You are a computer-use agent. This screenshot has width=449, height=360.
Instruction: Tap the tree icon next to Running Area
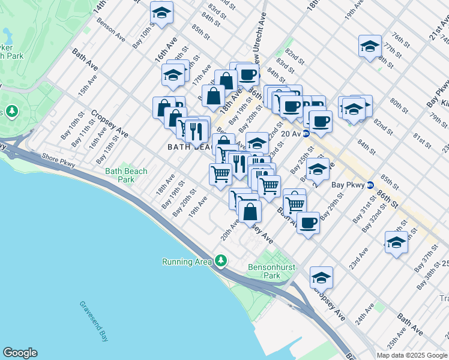[x=222, y=261]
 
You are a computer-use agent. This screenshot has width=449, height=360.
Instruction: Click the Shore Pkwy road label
[x=58, y=157]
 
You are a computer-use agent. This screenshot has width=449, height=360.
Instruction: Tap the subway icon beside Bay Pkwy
[x=370, y=185]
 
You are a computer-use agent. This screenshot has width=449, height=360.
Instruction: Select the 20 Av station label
[x=291, y=134]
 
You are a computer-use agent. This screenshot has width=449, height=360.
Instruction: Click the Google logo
[x=20, y=353]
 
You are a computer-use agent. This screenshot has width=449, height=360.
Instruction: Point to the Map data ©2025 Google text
[x=412, y=355]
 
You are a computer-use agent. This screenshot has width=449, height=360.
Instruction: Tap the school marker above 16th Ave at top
[x=161, y=13]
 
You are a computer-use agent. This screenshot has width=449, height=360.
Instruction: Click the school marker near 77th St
[x=370, y=46]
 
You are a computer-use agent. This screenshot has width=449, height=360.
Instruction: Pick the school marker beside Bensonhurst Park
[x=321, y=278]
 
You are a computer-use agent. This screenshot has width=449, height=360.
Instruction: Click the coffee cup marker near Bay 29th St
[x=308, y=223]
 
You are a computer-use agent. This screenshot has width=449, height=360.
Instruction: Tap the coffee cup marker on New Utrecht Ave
[x=247, y=75]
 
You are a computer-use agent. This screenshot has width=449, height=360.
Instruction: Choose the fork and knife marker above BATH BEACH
[x=196, y=130]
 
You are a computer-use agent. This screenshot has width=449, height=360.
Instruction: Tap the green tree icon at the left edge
[x=11, y=112]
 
